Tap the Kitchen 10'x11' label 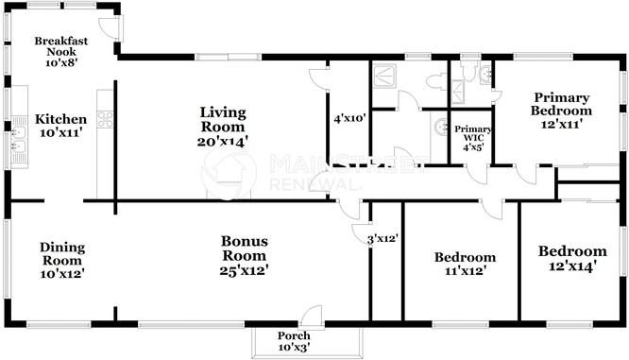pos(60,127)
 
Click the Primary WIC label pos(472,137)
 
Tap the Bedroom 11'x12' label pos(464,264)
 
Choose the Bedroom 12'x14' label pos(571,259)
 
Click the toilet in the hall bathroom pos(440,80)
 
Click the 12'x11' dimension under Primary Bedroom pos(561,123)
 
